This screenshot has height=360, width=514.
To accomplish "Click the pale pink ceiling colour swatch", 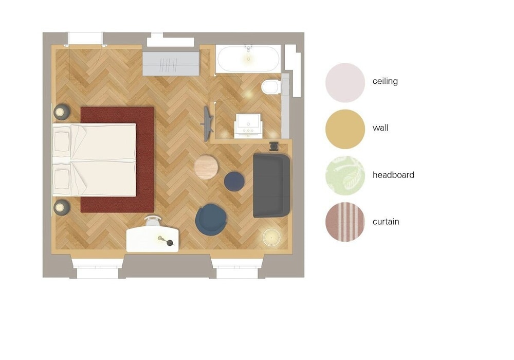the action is pyautogui.click(x=345, y=82).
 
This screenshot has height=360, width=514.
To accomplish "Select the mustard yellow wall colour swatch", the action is pyautogui.click(x=345, y=129).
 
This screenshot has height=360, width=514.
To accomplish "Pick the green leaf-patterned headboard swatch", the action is pyautogui.click(x=345, y=175).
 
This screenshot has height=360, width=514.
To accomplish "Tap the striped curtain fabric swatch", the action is pyautogui.click(x=345, y=222).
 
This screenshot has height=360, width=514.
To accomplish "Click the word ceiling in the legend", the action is pyautogui.click(x=385, y=81).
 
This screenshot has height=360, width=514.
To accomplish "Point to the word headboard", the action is pyautogui.click(x=393, y=175).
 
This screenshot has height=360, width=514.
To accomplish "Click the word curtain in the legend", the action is pyautogui.click(x=386, y=222).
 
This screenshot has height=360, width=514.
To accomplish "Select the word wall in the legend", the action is pyautogui.click(x=380, y=128).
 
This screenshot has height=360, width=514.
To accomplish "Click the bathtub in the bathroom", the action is pyautogui.click(x=248, y=59).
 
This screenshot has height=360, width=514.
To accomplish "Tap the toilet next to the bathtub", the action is pyautogui.click(x=270, y=87).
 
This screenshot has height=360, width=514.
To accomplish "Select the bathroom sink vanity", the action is pyautogui.click(x=248, y=125).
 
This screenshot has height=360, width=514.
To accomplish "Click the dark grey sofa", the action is pyautogui.click(x=271, y=185).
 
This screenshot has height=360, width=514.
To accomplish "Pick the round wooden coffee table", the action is pyautogui.click(x=206, y=167).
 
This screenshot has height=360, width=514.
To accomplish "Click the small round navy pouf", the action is pyautogui.click(x=234, y=181).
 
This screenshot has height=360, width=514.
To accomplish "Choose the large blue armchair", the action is pyautogui.click(x=211, y=220).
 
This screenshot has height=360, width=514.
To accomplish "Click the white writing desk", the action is pyautogui.click(x=153, y=240).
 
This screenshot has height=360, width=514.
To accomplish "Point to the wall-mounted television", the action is pyautogui.click(x=208, y=124).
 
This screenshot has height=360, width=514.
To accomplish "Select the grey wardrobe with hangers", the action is pyautogui.click(x=171, y=64).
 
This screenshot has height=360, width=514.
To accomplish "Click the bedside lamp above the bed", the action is pyautogui.click(x=61, y=112).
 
